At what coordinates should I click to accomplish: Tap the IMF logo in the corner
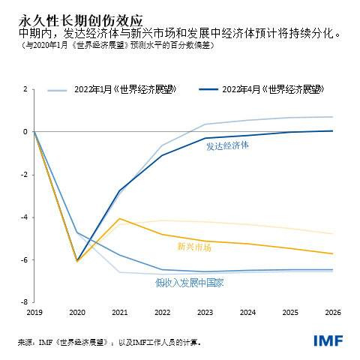click(x=328, y=340)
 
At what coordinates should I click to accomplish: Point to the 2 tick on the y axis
click(x=25, y=89)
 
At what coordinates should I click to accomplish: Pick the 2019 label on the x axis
click(x=34, y=311)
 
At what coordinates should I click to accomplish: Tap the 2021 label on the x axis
click(x=119, y=311)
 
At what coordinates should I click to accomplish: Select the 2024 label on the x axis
click(x=247, y=311)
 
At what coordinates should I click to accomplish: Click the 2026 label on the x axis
click(x=332, y=311)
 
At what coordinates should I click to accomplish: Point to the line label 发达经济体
click(x=227, y=146)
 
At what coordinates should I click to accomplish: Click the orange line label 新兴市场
click(x=194, y=246)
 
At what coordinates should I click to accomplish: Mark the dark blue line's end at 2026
click(x=332, y=131)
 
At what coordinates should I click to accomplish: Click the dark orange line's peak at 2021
click(x=119, y=218)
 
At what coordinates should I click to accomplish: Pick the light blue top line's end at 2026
click(x=332, y=117)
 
